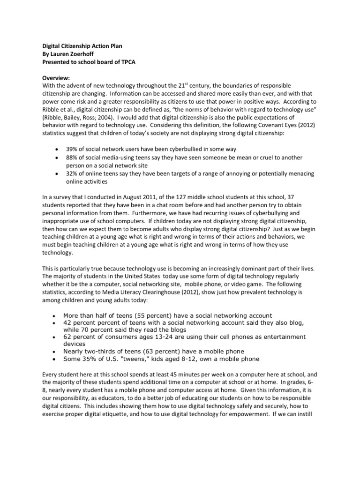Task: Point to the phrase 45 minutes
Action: [x=171, y=375]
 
